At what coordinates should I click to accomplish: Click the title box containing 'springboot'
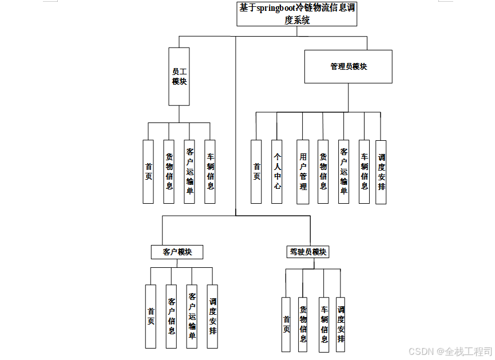pyautogui.click(x=297, y=14)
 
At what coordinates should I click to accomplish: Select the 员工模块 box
pyautogui.click(x=179, y=76)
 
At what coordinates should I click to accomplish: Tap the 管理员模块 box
pyautogui.click(x=348, y=66)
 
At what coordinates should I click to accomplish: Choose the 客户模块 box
pyautogui.click(x=177, y=252)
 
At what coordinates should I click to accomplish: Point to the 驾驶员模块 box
pyautogui.click(x=308, y=252)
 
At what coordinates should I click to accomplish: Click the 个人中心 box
pyautogui.click(x=277, y=171)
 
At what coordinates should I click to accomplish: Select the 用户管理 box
pyautogui.click(x=303, y=171)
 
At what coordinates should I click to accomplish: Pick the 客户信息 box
pyautogui.click(x=171, y=316)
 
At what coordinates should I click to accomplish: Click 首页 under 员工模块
pyautogui.click(x=148, y=171)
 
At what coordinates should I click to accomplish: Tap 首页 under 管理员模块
pyautogui.click(x=256, y=171)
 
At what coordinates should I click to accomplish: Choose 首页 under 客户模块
pyautogui.click(x=151, y=316)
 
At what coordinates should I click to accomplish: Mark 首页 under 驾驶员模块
pyautogui.click(x=286, y=324)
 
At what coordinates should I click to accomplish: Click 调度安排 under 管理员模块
pyautogui.click(x=381, y=171)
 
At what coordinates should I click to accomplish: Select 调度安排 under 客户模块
pyautogui.click(x=212, y=316)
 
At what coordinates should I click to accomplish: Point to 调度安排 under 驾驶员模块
pyautogui.click(x=341, y=324)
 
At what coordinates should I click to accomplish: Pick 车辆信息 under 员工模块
pyautogui.click(x=210, y=171)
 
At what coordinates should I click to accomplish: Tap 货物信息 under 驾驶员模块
pyautogui.click(x=303, y=324)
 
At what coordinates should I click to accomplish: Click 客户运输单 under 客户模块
pyautogui.click(x=192, y=316)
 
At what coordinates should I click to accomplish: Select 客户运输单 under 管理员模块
pyautogui.click(x=343, y=171)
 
